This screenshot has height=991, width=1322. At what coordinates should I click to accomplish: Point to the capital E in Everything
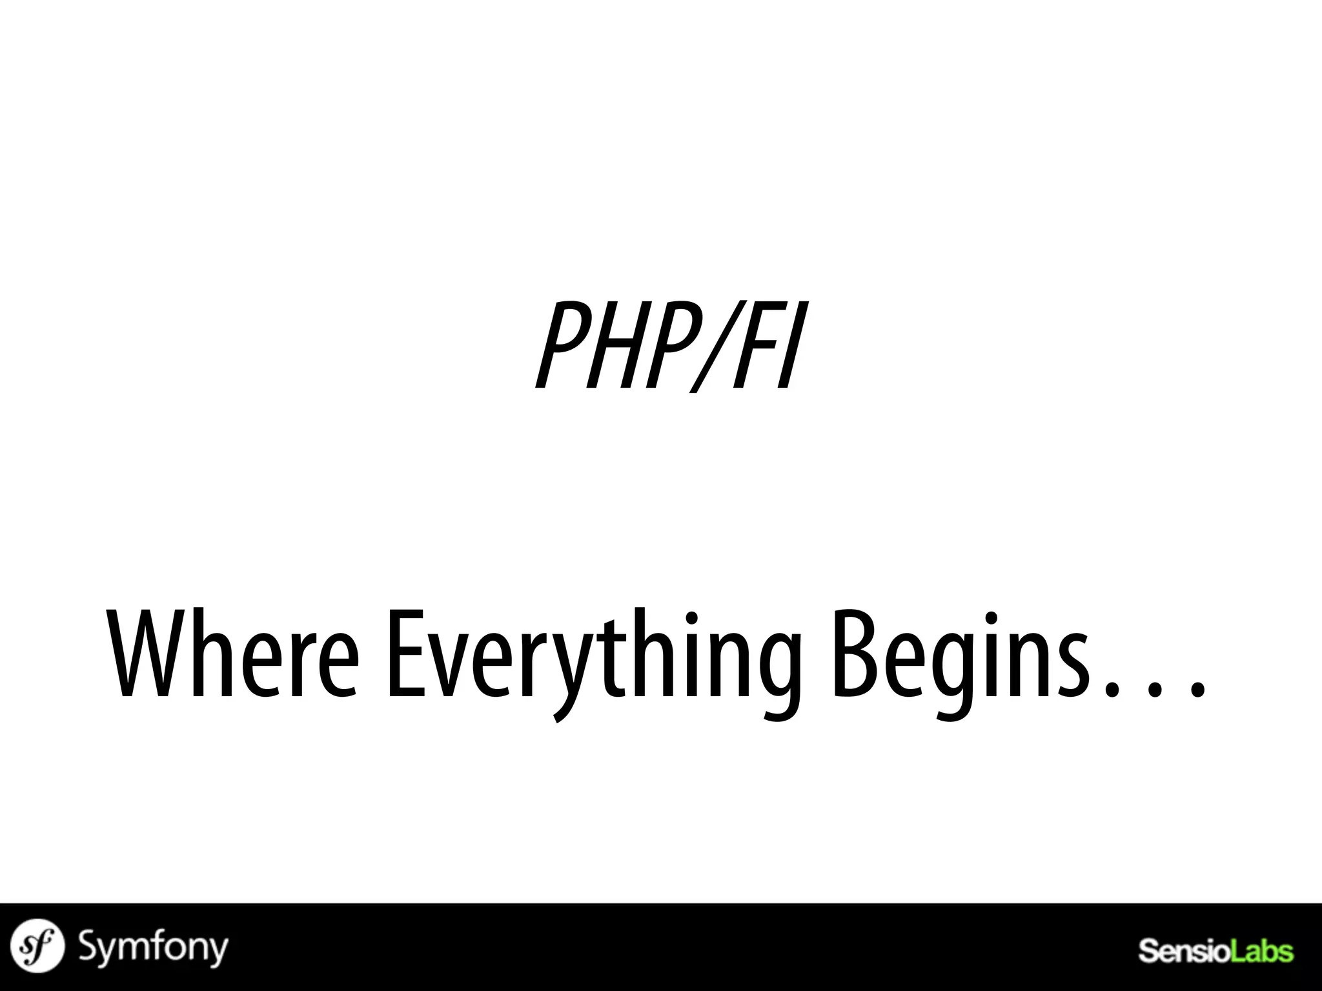407,655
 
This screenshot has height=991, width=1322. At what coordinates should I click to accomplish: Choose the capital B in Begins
855,655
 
